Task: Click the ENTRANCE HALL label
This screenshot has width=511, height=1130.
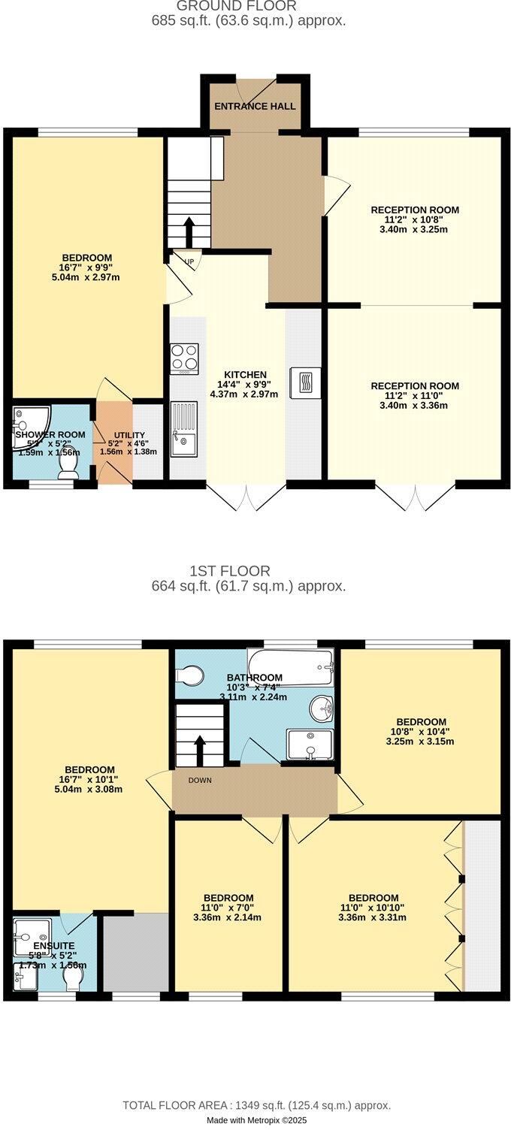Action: pyautogui.click(x=255, y=106)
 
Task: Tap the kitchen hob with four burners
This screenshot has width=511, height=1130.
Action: pyautogui.click(x=184, y=358)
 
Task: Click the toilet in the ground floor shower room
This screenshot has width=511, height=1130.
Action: pyautogui.click(x=68, y=467)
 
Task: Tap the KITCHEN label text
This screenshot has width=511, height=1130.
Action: pyautogui.click(x=245, y=375)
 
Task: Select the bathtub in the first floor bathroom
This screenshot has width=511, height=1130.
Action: pyautogui.click(x=290, y=666)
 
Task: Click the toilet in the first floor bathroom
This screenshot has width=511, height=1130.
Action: pyautogui.click(x=190, y=675)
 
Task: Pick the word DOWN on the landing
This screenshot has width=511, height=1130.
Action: pyautogui.click(x=200, y=780)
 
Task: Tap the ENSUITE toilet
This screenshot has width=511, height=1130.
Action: pyautogui.click(x=74, y=977)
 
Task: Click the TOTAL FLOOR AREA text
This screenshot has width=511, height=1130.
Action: pyautogui.click(x=256, y=1105)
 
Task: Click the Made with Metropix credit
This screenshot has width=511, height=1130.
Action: pyautogui.click(x=256, y=1120)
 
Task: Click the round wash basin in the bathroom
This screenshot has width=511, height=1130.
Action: pyautogui.click(x=324, y=707)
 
